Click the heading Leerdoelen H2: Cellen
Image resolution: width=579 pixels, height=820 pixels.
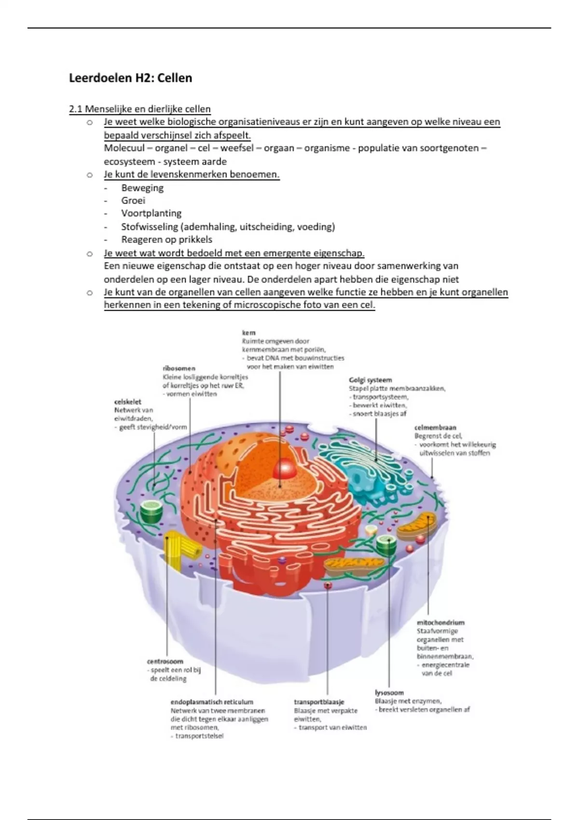point(130,78)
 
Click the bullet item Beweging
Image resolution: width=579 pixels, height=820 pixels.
point(142,188)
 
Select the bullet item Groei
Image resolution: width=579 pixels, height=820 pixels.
point(133,201)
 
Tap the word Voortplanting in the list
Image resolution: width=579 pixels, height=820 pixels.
point(151,213)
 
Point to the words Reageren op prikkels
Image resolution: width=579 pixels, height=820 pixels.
point(166,239)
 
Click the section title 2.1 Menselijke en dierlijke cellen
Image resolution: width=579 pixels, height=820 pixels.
point(139,109)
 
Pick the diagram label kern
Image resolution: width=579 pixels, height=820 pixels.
point(248,333)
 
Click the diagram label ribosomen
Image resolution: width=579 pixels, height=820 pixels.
point(179,368)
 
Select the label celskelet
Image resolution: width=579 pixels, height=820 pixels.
point(127,402)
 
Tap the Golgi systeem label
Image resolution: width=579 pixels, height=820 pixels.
point(370,380)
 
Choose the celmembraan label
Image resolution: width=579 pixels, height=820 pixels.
point(435,427)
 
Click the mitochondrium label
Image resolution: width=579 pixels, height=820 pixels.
point(440,622)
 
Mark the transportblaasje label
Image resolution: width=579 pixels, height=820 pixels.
point(318,702)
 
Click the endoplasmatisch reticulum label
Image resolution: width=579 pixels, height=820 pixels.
point(212,702)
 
